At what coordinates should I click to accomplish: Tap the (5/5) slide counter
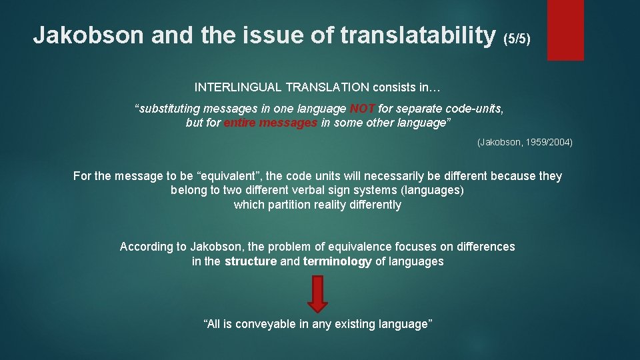(x=517, y=39)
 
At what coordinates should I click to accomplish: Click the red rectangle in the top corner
(x=565, y=29)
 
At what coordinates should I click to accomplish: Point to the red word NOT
(x=363, y=109)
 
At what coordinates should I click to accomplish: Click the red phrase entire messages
(x=271, y=123)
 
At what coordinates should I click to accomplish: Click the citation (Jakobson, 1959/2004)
(x=525, y=143)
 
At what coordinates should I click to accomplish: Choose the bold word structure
(x=251, y=261)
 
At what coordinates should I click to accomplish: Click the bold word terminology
(x=337, y=261)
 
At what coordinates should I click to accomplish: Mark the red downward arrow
(x=318, y=293)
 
